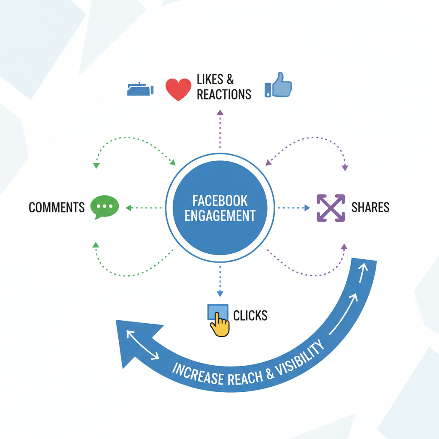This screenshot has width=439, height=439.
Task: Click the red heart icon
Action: point(178,89)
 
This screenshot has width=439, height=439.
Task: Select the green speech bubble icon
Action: point(105,207)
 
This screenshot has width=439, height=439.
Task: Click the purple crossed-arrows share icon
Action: point(331,208)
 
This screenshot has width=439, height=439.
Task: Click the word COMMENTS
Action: point(57,207)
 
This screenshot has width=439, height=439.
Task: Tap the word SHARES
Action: point(370,207)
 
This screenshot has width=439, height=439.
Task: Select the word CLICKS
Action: point(250,316)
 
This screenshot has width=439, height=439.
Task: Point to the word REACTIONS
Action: point(224,94)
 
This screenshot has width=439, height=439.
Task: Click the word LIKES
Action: point(210,79)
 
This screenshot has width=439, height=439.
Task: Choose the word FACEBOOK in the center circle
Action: point(220,201)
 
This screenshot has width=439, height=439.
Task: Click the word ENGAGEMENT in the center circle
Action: point(220,215)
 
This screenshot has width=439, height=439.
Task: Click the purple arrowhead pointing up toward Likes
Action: point(220,112)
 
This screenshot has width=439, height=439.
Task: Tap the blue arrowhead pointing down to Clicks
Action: point(220,294)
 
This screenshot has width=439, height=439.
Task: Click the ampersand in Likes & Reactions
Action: point(230,79)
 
